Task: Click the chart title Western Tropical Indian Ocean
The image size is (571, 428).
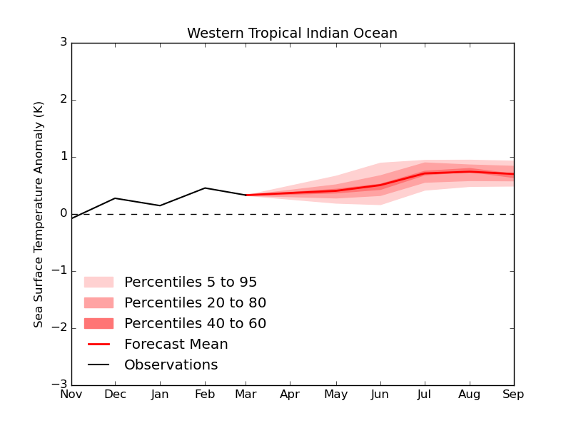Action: point(292,34)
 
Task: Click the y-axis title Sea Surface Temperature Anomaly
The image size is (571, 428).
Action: point(39,214)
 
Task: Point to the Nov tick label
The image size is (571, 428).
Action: point(71,394)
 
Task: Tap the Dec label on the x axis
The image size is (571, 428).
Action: point(116,394)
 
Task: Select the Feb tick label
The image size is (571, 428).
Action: point(205,394)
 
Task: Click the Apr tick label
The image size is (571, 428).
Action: point(290,394)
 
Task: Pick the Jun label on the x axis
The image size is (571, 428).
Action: point(380,394)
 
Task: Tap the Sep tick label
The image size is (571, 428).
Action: point(512,394)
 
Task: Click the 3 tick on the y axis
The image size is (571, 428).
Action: point(64,43)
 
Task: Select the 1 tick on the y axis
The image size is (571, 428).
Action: point(64,157)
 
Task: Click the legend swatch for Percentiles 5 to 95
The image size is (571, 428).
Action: point(98,282)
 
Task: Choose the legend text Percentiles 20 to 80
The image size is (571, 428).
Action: point(195,303)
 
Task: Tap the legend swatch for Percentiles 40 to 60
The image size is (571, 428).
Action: point(98,324)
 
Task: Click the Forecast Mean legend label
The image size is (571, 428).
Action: point(176,345)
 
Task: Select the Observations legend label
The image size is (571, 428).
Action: point(171,365)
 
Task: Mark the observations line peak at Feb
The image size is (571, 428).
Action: point(205,188)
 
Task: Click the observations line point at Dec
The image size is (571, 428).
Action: point(116,198)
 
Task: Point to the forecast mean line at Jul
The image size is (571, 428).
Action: point(425,173)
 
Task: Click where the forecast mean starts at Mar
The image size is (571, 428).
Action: point(246,195)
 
